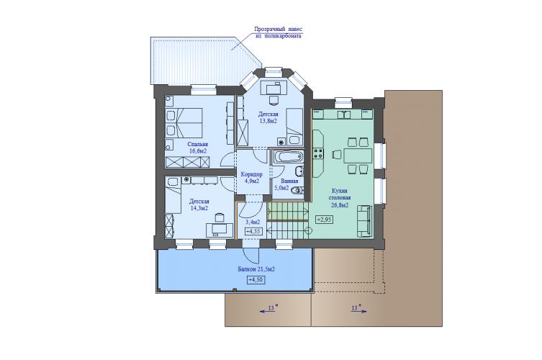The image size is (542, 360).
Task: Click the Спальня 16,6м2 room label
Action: (198, 148)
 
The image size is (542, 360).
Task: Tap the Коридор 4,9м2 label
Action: (251, 177)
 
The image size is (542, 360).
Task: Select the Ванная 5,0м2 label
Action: (286, 184)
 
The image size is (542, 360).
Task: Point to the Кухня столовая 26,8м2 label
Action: (340, 198)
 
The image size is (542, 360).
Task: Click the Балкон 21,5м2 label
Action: (256, 269)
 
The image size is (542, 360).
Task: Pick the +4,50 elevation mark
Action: (256, 280)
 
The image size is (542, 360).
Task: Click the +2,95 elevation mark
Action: (324, 220)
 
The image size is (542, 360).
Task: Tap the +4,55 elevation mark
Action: (253, 231)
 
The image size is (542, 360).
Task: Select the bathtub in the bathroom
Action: (288, 156)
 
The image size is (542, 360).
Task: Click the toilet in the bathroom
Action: (297, 190)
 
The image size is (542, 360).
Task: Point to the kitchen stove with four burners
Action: (318, 153)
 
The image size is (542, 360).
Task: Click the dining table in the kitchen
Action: (358, 156)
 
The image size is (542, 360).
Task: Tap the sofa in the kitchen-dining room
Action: (364, 221)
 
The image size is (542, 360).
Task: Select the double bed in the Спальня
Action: (184, 122)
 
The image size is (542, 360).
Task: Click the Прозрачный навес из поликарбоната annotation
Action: (279, 32)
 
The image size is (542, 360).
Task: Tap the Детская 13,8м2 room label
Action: (268, 117)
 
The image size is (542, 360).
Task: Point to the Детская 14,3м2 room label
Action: (199, 204)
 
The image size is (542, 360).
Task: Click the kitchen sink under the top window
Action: (343, 114)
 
